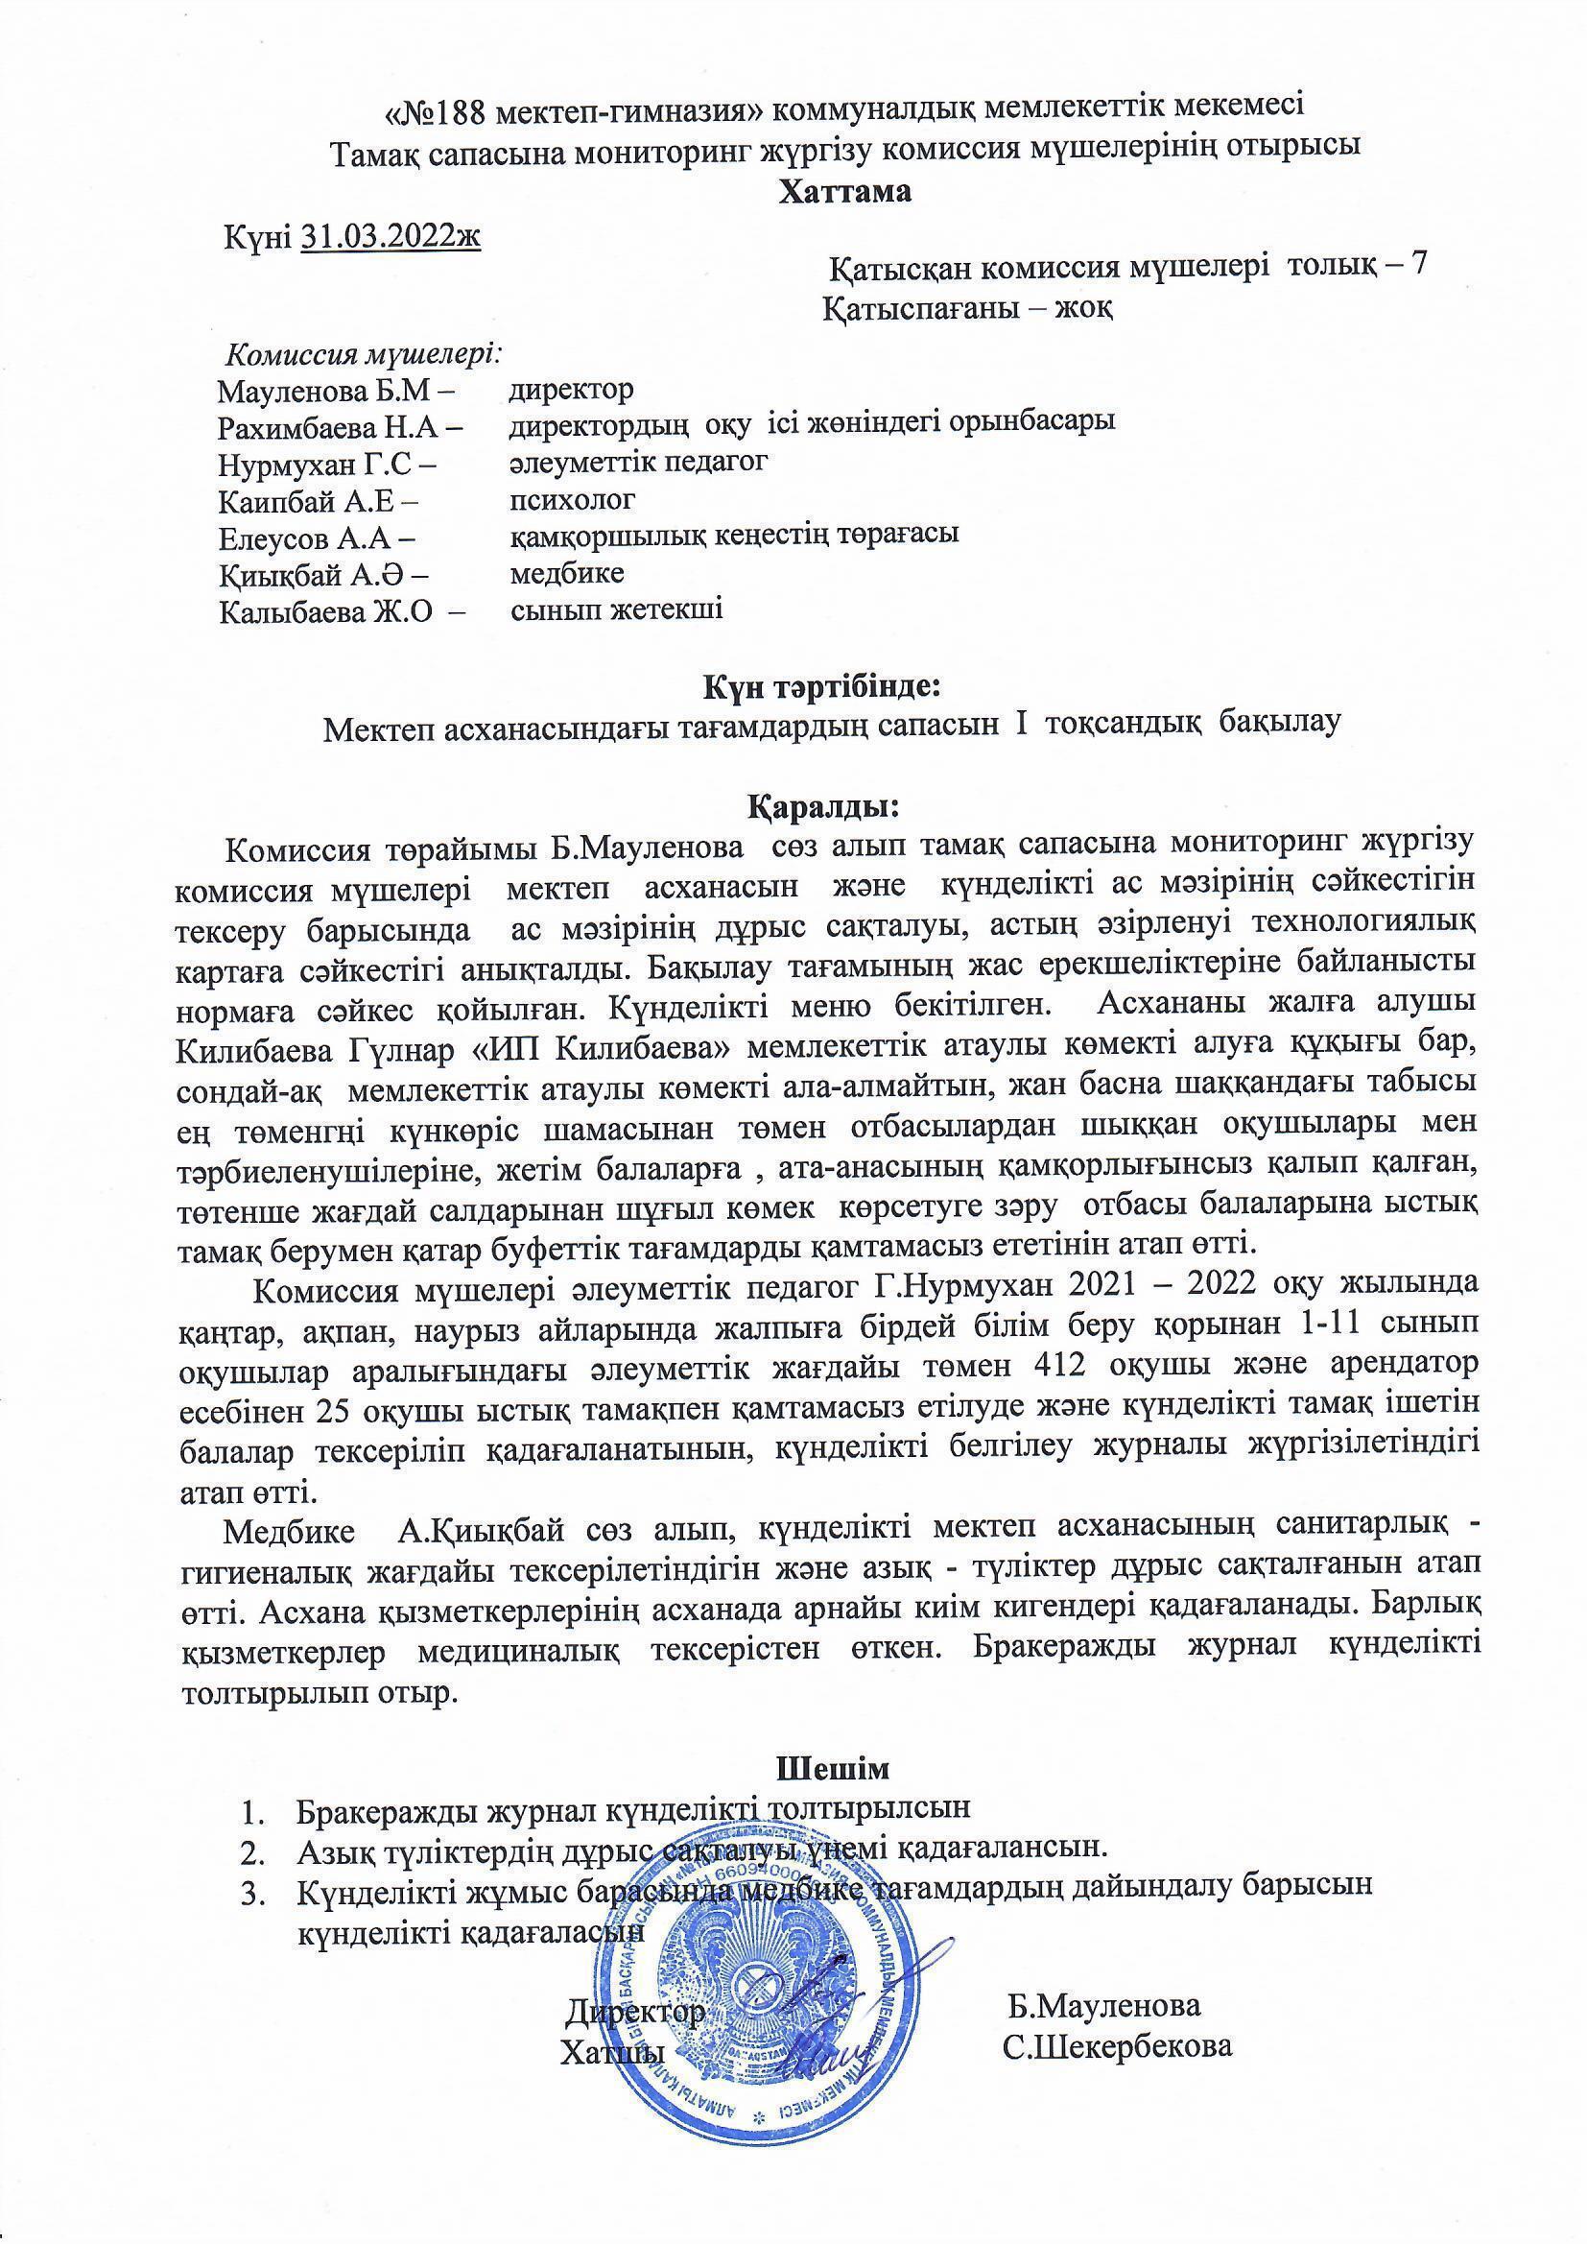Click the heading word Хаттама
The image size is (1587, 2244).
point(844,192)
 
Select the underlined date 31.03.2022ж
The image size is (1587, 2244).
point(391,236)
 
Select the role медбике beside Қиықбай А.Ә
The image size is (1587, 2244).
point(568,573)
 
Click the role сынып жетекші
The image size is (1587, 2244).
point(618,610)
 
